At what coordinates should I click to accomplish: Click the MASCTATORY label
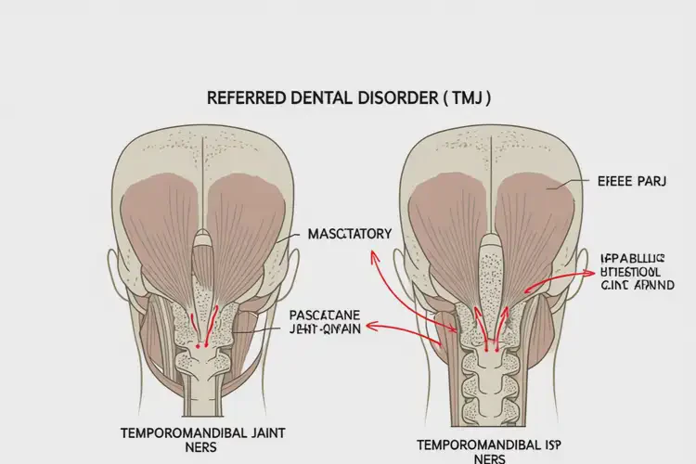350,235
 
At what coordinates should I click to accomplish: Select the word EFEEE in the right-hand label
605,184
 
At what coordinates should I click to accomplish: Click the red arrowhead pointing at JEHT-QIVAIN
371,327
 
